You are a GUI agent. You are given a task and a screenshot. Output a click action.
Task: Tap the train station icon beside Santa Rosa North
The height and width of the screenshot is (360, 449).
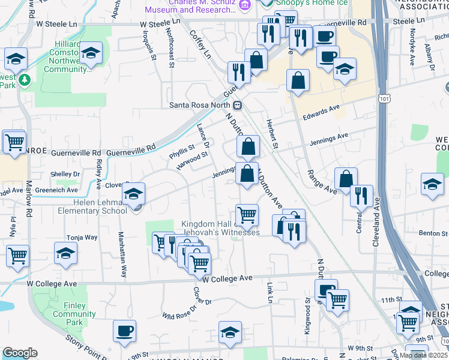238,106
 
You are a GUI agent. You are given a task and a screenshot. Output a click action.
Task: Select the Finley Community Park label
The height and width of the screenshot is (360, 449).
74,314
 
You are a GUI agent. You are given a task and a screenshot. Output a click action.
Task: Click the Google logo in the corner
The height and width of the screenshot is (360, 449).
20,353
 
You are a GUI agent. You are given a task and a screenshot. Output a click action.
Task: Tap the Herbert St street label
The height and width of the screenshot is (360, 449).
273,135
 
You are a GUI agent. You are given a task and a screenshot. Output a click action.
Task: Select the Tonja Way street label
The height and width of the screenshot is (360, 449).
82,238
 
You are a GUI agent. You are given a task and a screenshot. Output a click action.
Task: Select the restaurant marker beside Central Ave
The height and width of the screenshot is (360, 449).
361,196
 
